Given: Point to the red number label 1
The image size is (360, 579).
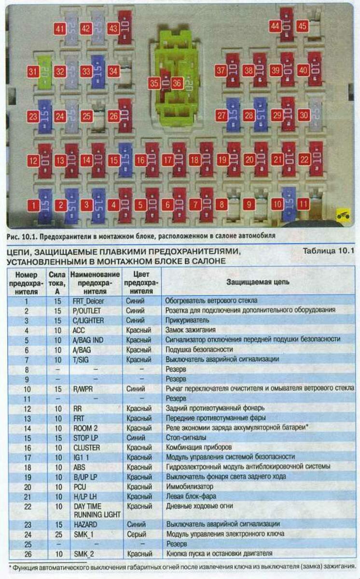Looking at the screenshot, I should pos(33,205).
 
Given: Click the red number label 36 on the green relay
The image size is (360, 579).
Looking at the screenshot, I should pos(177,83).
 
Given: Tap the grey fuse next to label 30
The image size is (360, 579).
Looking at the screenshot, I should pos(316,115).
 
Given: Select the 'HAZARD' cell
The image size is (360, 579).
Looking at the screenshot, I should pos(85,524).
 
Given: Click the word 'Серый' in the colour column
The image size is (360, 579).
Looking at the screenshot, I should pos(135,534).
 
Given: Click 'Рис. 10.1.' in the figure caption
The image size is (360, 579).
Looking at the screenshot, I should pos(21,236).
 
